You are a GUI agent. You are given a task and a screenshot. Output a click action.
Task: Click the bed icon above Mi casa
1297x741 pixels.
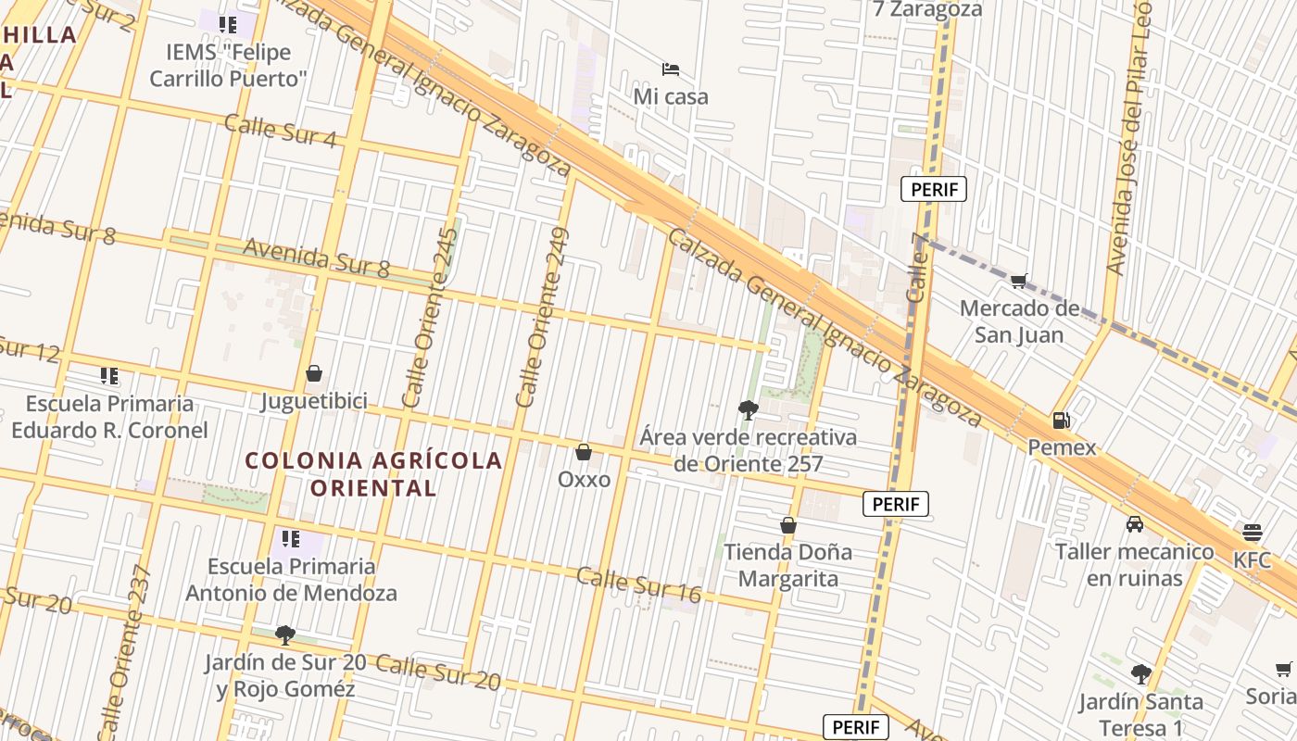pyautogui.click(x=671, y=69)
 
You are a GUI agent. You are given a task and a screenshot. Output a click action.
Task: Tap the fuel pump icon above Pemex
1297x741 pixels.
pyautogui.click(x=1061, y=421)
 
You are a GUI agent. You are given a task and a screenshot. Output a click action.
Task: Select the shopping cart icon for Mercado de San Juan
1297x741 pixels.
pyautogui.click(x=1019, y=281)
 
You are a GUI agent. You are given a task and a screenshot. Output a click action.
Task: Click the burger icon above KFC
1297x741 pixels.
pyautogui.click(x=1253, y=533)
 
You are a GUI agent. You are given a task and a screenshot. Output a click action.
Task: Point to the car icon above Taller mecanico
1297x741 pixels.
pyautogui.click(x=1135, y=524)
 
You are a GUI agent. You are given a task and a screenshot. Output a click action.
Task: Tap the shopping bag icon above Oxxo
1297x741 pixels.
pyautogui.click(x=584, y=452)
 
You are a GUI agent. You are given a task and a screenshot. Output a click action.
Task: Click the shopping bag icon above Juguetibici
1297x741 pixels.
pyautogui.click(x=314, y=373)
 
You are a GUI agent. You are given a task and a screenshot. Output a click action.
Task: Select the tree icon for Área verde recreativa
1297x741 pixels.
pyautogui.click(x=748, y=409)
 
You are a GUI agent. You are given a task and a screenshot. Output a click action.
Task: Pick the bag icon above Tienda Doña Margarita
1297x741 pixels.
pyautogui.click(x=788, y=525)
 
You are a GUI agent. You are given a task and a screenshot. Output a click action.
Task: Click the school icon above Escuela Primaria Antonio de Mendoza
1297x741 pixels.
pyautogui.click(x=291, y=538)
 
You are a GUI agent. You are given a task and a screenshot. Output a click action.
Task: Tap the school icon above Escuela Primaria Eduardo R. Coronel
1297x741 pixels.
pyautogui.click(x=109, y=376)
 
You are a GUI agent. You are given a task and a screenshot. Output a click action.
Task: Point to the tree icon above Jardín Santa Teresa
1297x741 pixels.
pyautogui.click(x=1141, y=674)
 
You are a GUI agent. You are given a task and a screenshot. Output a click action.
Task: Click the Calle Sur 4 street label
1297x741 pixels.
pyautogui.click(x=280, y=131)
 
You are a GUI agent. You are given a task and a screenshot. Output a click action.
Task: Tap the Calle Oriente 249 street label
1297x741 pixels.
pyautogui.click(x=543, y=317)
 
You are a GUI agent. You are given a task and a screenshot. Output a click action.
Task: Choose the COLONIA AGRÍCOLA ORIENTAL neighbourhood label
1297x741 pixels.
pyautogui.click(x=373, y=473)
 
